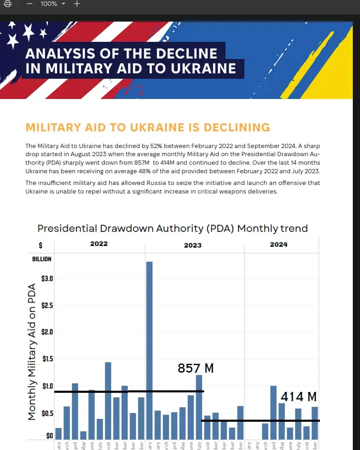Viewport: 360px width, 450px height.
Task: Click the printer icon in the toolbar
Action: [x=7, y=4]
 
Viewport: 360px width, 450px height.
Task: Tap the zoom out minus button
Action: [x=30, y=4]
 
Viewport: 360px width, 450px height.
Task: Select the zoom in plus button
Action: [x=77, y=4]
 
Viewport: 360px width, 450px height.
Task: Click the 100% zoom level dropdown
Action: [x=53, y=4]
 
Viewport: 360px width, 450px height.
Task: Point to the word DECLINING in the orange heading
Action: [x=237, y=127]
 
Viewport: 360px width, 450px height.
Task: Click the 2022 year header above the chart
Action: [x=99, y=244]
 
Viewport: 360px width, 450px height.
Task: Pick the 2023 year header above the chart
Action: [x=193, y=245]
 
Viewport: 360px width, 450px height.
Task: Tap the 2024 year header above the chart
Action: [x=279, y=244]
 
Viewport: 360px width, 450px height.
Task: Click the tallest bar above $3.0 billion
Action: [x=149, y=346]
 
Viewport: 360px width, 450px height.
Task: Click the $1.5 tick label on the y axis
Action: [x=47, y=360]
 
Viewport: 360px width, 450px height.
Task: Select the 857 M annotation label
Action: [x=196, y=368]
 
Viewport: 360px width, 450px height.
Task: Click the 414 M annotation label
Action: [x=299, y=396]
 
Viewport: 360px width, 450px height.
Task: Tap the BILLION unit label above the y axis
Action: [x=42, y=259]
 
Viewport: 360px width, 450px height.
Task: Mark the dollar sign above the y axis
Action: [x=40, y=246]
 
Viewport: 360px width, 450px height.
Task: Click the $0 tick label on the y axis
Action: [x=49, y=436]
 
